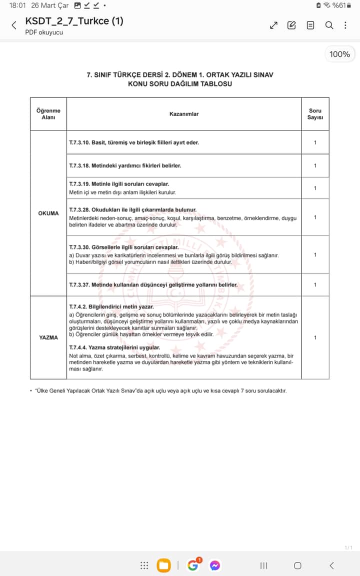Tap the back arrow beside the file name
tap(14, 25)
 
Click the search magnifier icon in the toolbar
tap(329, 25)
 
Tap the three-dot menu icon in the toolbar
tap(345, 25)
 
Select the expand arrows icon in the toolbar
tap(273, 25)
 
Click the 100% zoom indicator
tap(339, 54)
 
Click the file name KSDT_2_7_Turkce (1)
tap(74, 21)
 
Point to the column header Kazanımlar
tap(184, 114)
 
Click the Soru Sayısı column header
tap(315, 114)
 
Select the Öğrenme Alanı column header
tap(48, 114)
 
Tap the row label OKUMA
tap(48, 213)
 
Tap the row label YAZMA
tap(48, 337)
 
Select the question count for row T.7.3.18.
tap(315, 165)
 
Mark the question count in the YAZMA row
tap(315, 337)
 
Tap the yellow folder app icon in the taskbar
tap(163, 565)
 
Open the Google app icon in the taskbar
tap(193, 565)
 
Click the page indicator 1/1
tap(348, 547)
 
